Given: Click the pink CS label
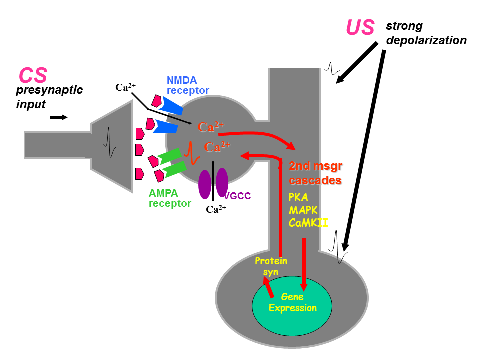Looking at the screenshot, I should pos(33,75).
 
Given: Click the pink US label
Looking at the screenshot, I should pos(360,27).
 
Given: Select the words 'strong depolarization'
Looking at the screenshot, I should pos(426,33).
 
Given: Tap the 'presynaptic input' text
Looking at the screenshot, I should pos(49,97).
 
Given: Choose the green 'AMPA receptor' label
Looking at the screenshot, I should pos(170,198).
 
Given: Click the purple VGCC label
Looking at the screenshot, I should pos(237,196).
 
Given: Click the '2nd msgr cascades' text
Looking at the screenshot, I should pos(315,173).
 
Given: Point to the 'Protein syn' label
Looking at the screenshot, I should pos(271,266).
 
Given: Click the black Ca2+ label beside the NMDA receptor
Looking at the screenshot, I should pos(125,88).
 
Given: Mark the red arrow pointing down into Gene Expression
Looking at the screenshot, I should pos(303,265).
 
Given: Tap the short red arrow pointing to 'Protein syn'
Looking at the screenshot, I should pos(269,288).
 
